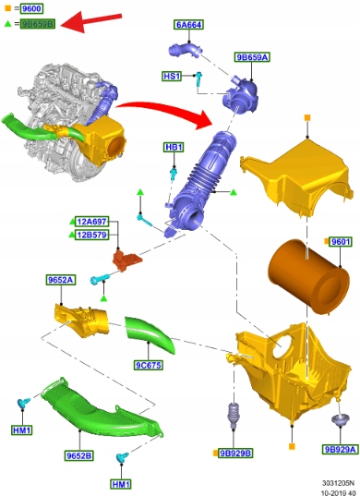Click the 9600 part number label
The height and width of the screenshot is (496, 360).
[31, 8]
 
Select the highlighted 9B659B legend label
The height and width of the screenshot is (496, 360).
[38, 23]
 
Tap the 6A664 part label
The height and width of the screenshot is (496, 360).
[188, 25]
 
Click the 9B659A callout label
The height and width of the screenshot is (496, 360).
[252, 57]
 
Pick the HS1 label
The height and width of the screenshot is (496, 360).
[172, 77]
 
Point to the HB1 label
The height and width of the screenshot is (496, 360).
[174, 147]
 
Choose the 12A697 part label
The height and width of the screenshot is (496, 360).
[92, 222]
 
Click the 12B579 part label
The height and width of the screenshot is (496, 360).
[92, 235]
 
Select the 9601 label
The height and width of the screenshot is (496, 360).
[340, 242]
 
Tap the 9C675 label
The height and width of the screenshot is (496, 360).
[148, 366]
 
